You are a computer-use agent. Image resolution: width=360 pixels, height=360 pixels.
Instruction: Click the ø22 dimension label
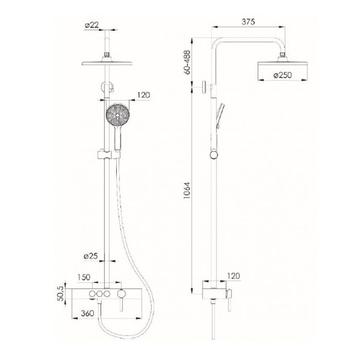pos(92,25)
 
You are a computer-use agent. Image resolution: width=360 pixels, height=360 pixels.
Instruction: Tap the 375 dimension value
pos(248,22)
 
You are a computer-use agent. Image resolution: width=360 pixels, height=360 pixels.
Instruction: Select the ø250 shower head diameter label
pos(282,75)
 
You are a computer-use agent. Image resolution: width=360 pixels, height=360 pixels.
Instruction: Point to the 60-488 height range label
pos(187,62)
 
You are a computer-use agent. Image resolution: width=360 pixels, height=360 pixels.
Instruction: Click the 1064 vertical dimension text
pos(187,191)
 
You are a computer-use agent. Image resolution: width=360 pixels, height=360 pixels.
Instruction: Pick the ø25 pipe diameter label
pos(91,256)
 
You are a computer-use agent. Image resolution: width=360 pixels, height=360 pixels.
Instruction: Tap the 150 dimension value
pos(83,277)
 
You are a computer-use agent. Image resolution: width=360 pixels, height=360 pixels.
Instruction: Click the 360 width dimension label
pos(87,313)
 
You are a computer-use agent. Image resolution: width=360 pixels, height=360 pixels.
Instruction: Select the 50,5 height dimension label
pos(60,294)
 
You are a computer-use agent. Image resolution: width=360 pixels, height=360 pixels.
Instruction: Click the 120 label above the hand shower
pos(143,95)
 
